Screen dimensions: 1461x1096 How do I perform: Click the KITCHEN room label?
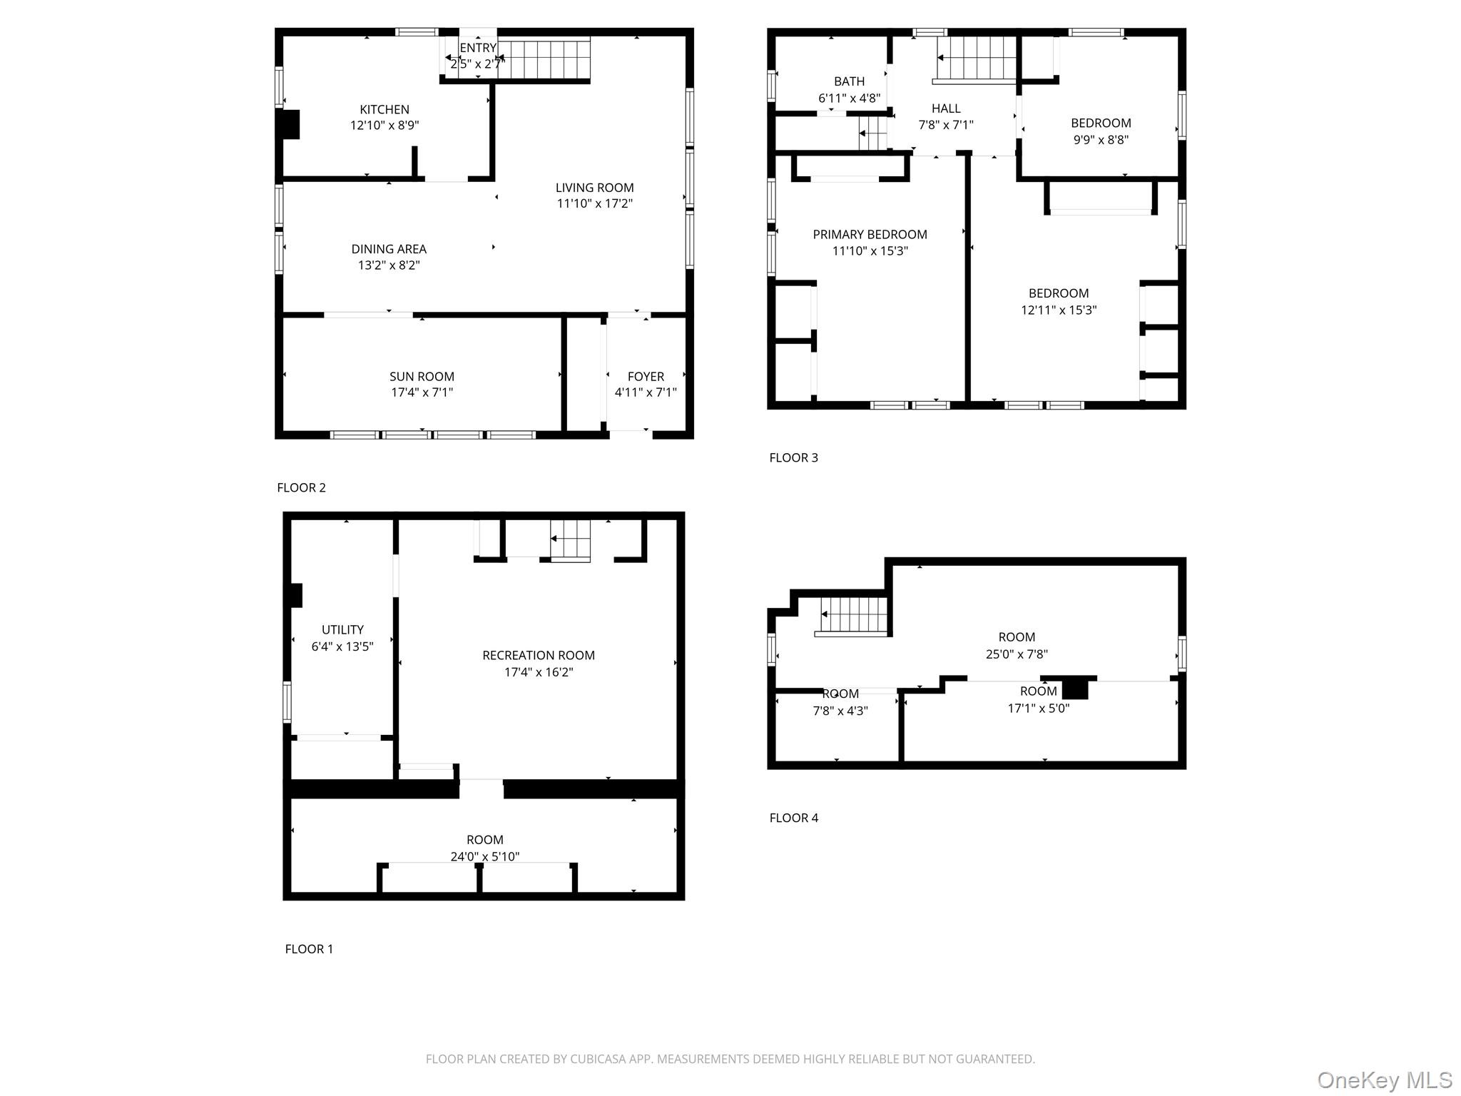point(385,109)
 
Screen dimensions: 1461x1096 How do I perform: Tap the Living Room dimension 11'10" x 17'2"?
point(595,203)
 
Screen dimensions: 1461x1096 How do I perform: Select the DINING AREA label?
point(389,249)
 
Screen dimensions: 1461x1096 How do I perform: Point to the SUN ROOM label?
point(422,376)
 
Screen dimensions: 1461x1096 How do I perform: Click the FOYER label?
point(646,376)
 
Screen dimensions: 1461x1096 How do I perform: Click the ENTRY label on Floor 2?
point(478,48)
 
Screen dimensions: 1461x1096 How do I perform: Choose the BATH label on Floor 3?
point(849,81)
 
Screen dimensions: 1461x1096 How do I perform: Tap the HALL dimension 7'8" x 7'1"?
point(946,125)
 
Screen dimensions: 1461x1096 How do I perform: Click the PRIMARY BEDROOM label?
point(870,234)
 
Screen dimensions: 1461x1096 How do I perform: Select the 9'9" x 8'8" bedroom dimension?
point(1101,140)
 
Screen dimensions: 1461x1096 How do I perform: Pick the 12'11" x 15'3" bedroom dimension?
point(1059,310)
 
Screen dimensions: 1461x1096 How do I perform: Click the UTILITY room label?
point(342,629)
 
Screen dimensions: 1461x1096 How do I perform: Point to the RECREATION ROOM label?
point(539,655)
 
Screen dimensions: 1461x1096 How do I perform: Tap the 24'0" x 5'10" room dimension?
point(485,856)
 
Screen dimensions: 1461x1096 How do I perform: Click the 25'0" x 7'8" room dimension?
point(1017,654)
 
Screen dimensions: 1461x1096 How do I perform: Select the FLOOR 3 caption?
point(794,457)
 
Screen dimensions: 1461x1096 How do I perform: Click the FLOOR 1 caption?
point(309,948)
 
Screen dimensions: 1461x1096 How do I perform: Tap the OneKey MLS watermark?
point(1385,1080)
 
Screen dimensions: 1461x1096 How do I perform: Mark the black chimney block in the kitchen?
point(291,124)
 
